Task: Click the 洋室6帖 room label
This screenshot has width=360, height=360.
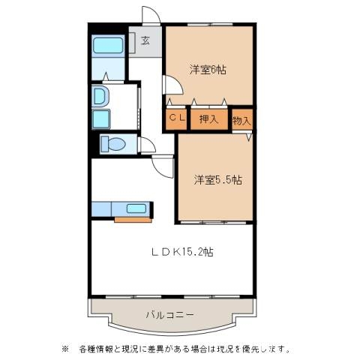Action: tap(208, 70)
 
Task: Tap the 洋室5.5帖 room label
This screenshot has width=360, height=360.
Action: tap(217, 179)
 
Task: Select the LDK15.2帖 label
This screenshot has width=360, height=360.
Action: tap(182, 252)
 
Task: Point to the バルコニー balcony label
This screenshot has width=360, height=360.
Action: tap(169, 314)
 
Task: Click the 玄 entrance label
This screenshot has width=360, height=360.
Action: tap(145, 40)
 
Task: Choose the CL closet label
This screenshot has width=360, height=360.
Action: tap(175, 118)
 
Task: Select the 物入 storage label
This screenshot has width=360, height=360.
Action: tap(241, 119)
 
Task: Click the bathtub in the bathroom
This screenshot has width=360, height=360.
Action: tap(108, 46)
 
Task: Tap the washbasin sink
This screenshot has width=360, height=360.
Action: tap(100, 96)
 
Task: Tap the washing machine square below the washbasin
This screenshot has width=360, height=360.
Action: tap(101, 119)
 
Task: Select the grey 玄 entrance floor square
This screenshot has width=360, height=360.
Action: tap(145, 41)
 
